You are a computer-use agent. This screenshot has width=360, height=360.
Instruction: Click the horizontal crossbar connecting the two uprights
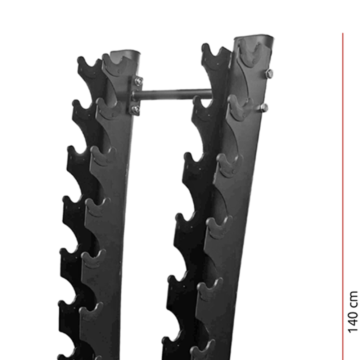pos(173,94)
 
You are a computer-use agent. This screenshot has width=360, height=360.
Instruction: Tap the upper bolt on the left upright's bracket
pos(138,81)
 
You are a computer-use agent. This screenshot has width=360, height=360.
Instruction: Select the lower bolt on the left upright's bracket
pos(135,109)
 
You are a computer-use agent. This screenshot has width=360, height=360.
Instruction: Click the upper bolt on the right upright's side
pos(269,74)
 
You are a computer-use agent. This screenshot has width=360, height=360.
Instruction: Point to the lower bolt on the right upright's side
pos(264,108)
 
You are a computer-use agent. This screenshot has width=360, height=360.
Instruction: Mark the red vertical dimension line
pos(343,180)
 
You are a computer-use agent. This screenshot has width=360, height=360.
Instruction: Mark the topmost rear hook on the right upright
pos(212,54)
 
